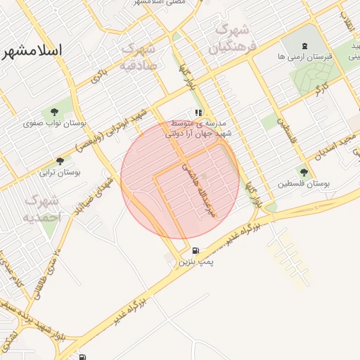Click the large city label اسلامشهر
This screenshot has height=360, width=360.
[x=33, y=51]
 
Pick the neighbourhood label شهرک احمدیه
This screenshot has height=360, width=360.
[x=42, y=209]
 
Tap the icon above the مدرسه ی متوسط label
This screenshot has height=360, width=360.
[x=200, y=112]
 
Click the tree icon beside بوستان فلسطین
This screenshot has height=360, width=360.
[x=304, y=172]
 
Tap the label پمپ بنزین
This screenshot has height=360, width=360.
[x=195, y=262]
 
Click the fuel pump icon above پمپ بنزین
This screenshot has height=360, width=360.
[x=195, y=250]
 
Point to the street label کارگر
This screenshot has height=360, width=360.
[x=321, y=89]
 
